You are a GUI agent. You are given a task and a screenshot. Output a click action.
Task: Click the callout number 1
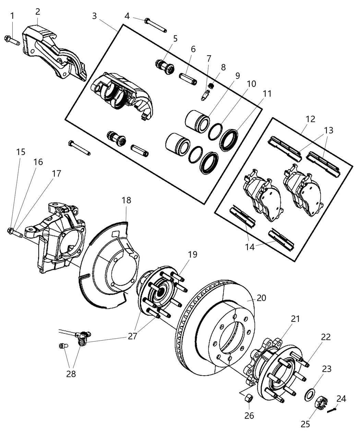12,16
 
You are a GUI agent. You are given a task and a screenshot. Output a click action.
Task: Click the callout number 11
267,94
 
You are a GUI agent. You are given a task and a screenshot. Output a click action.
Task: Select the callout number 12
311,119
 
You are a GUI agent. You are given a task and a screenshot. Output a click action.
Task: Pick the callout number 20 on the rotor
261,298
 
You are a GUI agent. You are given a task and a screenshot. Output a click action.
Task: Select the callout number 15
21,151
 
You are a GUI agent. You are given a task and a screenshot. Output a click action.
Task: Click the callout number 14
250,246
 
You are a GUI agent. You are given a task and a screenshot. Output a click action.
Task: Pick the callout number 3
94,16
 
